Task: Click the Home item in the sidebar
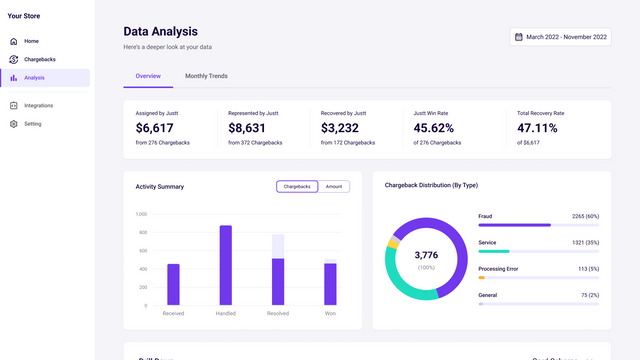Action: [31, 41]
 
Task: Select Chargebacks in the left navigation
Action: [40, 59]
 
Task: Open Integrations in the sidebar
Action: [38, 105]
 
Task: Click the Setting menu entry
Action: [33, 124]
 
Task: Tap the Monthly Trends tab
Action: [206, 76]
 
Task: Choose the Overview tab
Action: [148, 76]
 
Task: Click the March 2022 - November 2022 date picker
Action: [560, 37]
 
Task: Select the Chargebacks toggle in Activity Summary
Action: [297, 186]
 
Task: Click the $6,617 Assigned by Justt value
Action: [155, 128]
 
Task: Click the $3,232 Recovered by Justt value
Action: [340, 128]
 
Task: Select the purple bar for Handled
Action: [226, 265]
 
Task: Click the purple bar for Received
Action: [173, 284]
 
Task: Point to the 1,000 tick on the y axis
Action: [141, 214]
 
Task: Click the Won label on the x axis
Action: [330, 314]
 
